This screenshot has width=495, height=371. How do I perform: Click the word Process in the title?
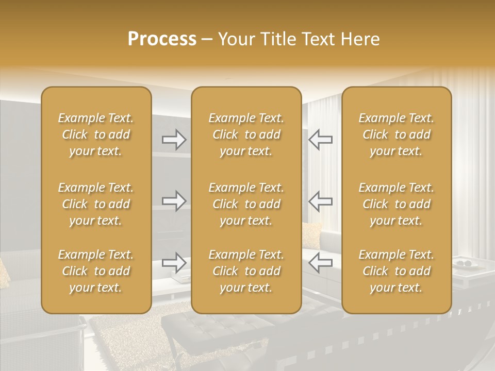(162, 39)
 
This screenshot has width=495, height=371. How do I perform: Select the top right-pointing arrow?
(174, 140)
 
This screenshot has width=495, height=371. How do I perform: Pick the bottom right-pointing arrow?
(174, 262)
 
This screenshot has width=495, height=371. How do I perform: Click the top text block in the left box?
(96, 134)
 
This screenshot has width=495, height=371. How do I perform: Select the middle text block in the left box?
(96, 204)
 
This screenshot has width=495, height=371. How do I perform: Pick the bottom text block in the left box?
(96, 271)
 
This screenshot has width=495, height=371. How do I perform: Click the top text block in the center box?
(246, 134)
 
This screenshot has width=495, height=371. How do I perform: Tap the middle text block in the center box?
(246, 204)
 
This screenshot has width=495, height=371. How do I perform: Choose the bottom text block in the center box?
(246, 271)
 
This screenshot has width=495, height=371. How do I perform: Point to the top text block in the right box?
(397, 134)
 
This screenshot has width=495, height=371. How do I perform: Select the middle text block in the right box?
(397, 204)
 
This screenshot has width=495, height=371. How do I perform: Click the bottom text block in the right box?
(397, 271)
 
